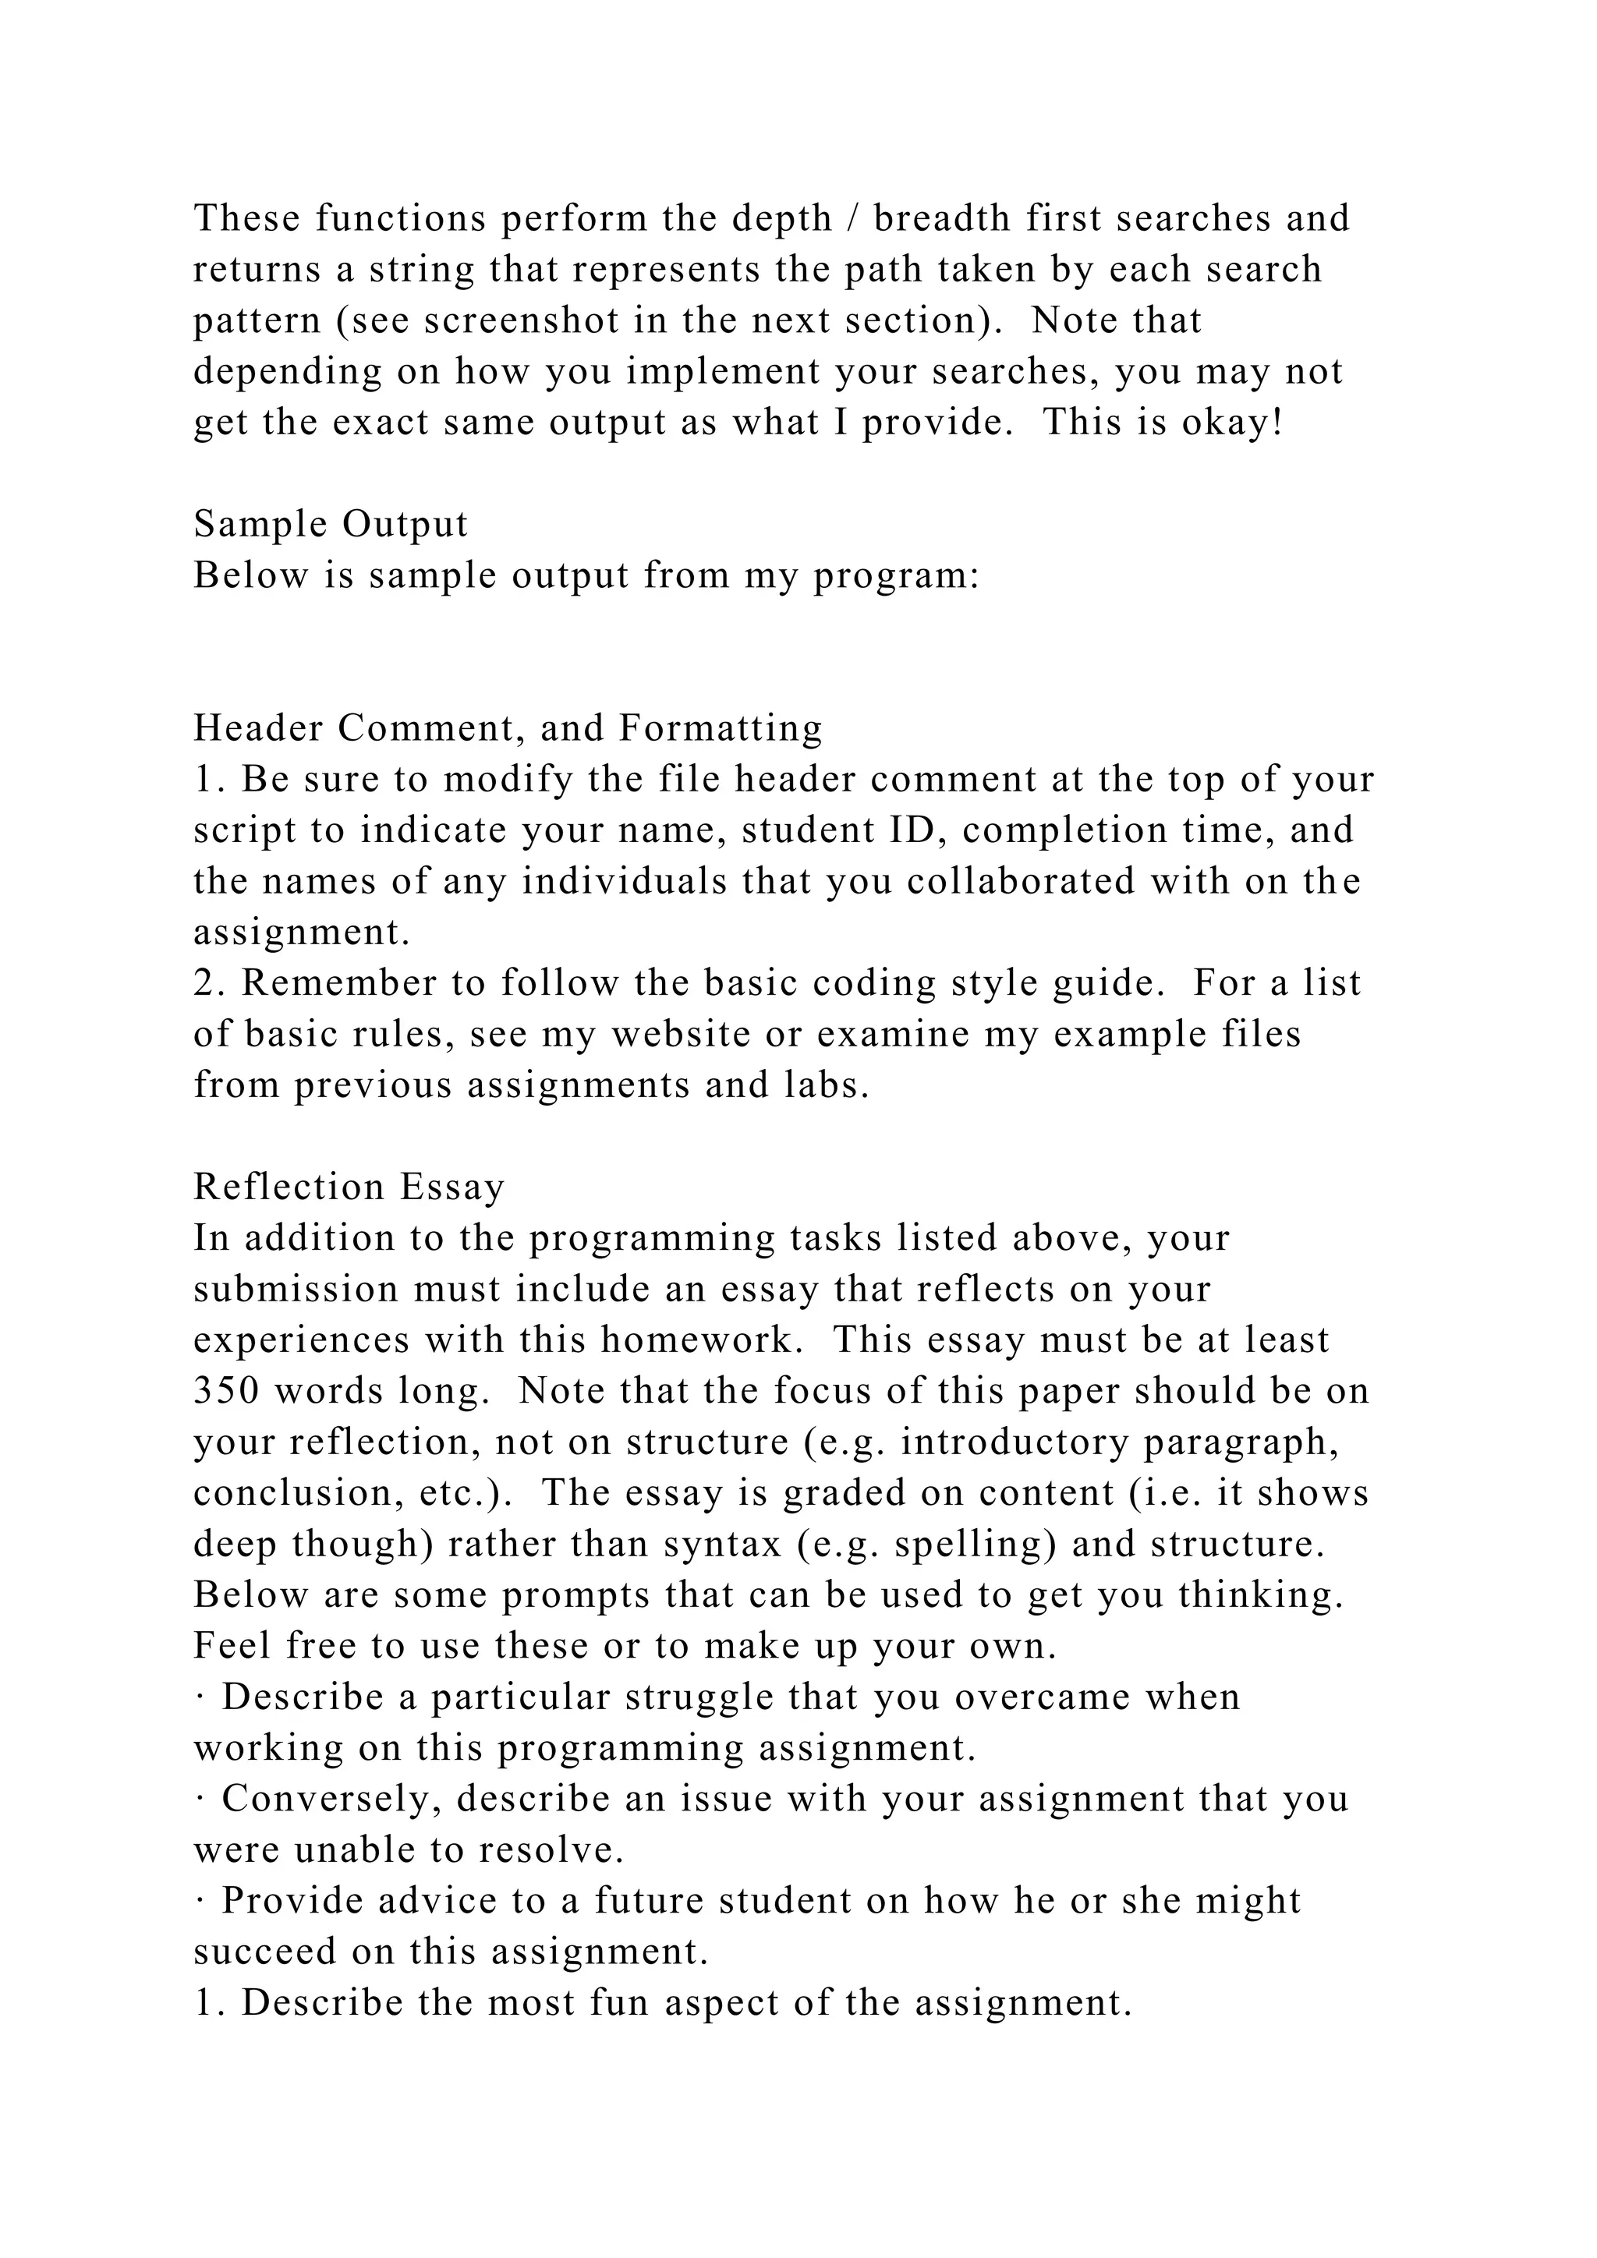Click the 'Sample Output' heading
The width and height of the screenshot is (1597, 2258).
tap(331, 524)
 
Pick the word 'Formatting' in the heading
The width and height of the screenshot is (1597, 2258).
tap(721, 729)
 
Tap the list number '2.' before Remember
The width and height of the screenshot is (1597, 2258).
tap(207, 983)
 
